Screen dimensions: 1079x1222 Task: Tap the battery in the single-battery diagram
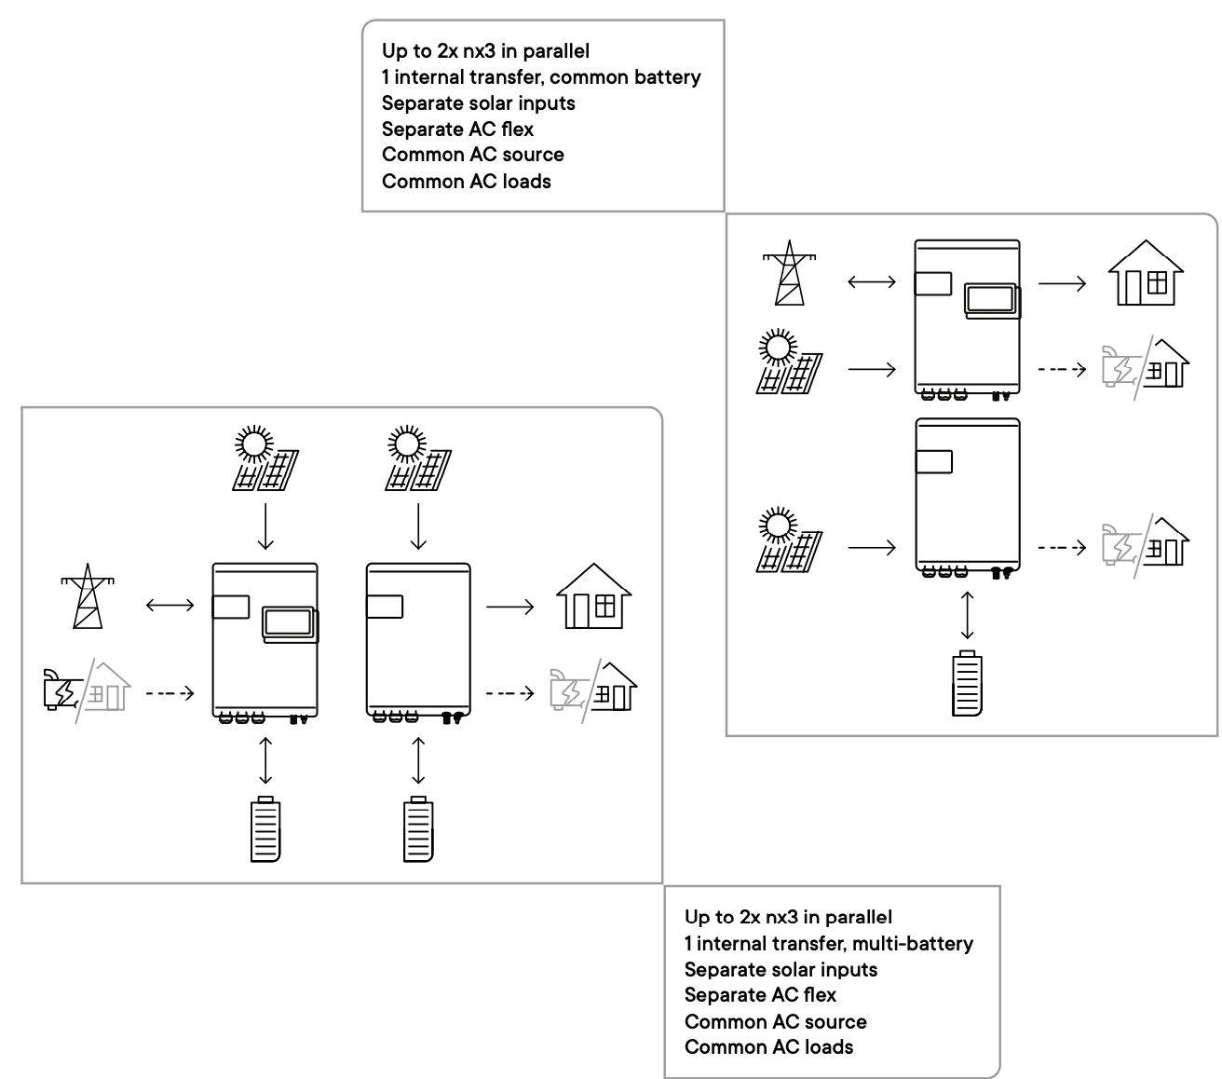pos(967,684)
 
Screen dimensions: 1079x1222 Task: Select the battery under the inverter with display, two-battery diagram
pos(265,829)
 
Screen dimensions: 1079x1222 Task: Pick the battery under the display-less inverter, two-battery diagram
pos(418,829)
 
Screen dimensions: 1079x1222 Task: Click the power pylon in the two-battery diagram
pos(88,597)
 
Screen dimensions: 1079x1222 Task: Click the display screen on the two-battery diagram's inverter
pos(291,623)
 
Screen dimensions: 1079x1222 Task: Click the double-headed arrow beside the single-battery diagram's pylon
pos(872,281)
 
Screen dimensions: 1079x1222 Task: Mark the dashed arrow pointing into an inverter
pos(170,693)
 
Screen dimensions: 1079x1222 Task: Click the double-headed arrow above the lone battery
pos(968,614)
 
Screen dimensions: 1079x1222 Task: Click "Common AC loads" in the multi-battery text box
pos(768,1047)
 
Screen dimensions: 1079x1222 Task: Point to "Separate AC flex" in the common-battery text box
pos(457,130)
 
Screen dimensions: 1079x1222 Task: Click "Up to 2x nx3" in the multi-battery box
pos(741,917)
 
